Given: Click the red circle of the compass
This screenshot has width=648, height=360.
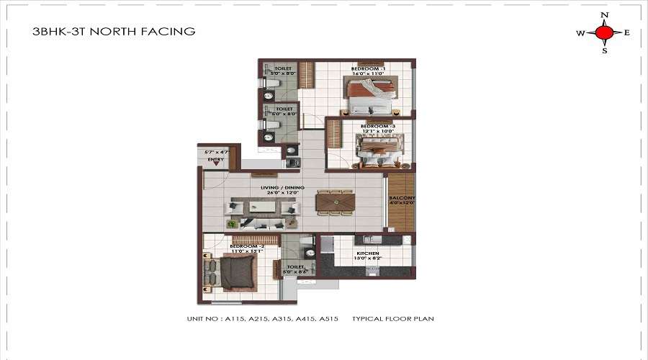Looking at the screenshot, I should [605, 32].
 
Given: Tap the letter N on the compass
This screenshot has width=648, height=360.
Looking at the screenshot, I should [605, 14].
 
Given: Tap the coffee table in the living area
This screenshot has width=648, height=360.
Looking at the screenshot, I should [263, 207].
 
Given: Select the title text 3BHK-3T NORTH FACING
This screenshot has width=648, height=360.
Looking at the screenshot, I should [114, 32].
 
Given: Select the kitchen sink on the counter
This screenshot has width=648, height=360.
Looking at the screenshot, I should [372, 271].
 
